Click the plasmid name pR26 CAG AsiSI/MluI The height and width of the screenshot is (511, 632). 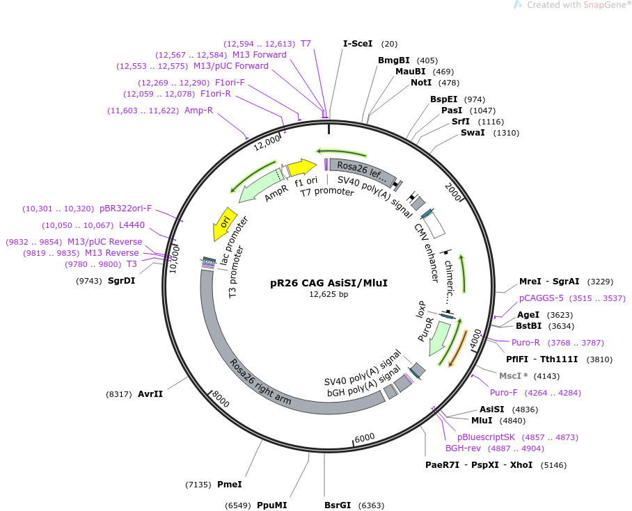[x=329, y=283]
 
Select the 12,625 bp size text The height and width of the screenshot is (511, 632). [x=329, y=294]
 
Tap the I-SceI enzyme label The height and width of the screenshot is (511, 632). [x=358, y=43]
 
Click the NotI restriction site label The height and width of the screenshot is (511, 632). [x=421, y=83]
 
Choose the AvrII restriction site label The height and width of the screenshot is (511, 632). [x=150, y=394]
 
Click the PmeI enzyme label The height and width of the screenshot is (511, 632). [x=230, y=484]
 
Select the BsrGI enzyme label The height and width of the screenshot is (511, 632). [x=339, y=505]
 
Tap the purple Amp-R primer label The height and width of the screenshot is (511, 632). [x=199, y=110]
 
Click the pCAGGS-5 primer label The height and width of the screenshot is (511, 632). [x=542, y=298]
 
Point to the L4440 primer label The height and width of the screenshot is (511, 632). [x=132, y=225]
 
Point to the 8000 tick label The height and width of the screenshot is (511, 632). [x=220, y=398]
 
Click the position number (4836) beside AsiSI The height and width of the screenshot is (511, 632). [x=525, y=409]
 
